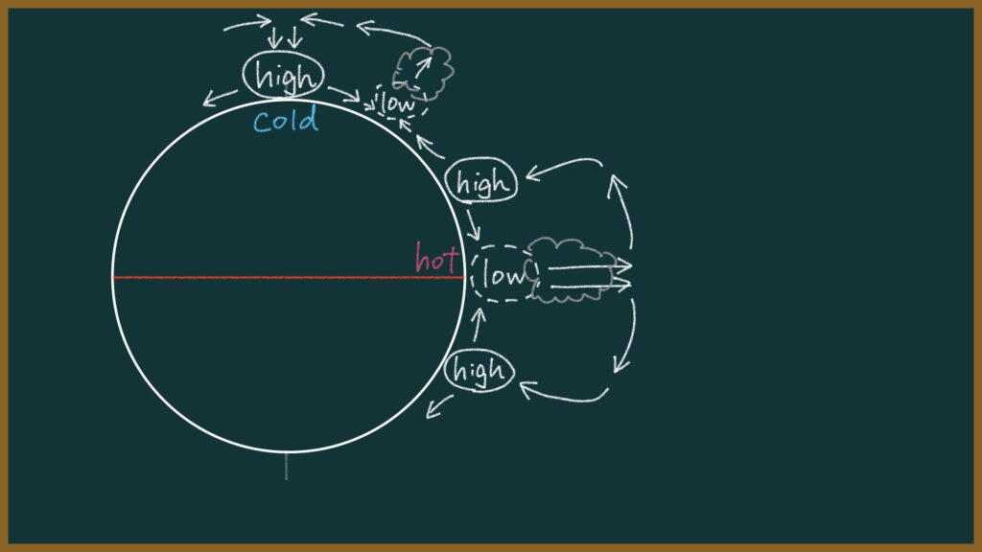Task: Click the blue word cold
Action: (x=286, y=120)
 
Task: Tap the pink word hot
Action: (x=437, y=257)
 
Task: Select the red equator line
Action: (x=288, y=277)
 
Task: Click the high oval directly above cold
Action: (x=284, y=75)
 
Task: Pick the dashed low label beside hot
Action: (x=504, y=274)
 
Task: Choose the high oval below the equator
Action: (x=479, y=371)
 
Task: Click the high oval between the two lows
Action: (x=481, y=181)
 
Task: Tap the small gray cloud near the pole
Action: (x=423, y=72)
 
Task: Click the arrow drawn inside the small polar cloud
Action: (x=423, y=67)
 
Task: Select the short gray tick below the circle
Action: (x=286, y=467)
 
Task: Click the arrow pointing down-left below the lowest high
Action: (x=439, y=405)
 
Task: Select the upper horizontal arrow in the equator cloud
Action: (x=590, y=266)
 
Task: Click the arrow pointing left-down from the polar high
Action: (x=220, y=98)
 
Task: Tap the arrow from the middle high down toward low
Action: (x=473, y=224)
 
